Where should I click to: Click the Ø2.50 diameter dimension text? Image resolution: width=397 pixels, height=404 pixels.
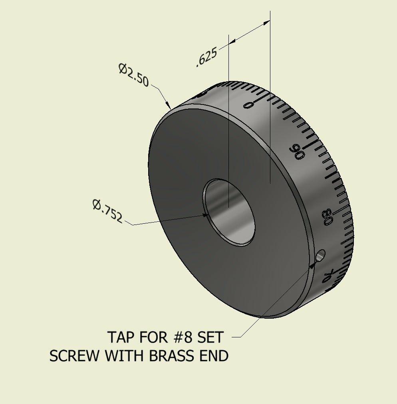(x=133, y=75)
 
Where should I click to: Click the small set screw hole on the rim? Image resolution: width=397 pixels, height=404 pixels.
(x=321, y=255)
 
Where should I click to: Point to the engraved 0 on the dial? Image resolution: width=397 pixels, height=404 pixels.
(x=248, y=105)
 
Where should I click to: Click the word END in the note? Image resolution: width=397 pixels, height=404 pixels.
(x=214, y=356)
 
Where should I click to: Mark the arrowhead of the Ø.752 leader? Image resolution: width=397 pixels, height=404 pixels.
(x=206, y=215)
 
